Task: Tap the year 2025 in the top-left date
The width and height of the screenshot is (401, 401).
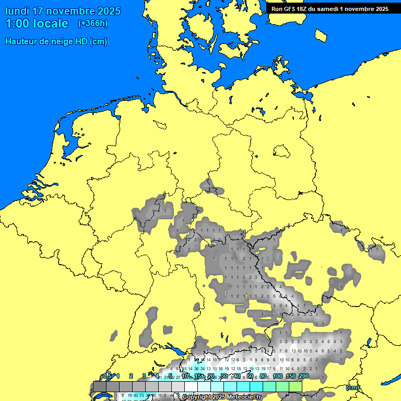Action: point(107,11)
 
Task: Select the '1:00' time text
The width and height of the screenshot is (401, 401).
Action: point(17,23)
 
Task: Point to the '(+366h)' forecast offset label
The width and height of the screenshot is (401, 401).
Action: point(92,23)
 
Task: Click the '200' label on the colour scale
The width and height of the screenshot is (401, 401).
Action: point(303,376)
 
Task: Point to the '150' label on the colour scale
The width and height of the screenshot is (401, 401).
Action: point(290,376)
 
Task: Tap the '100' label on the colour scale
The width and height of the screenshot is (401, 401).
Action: point(277,376)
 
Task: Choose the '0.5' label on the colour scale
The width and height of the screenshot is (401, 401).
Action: point(107,376)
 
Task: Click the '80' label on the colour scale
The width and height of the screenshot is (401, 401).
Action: point(264,376)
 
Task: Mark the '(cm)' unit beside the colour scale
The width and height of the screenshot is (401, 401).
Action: point(352,387)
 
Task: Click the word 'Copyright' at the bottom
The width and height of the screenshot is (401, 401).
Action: point(197,397)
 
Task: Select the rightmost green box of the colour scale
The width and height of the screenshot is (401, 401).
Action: point(295,386)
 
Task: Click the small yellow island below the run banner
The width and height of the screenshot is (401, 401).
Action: point(321,35)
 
